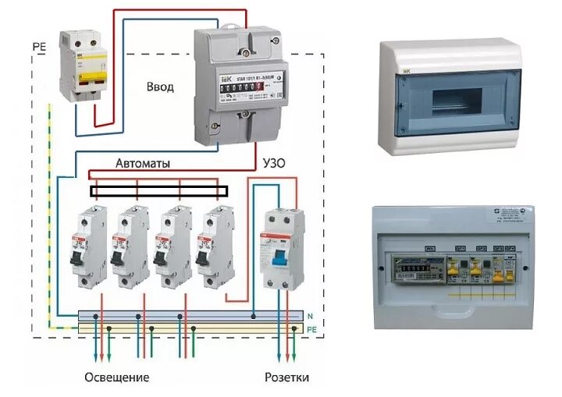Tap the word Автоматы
pos(143,164)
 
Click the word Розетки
pos(286,378)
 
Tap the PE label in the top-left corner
pos(40,47)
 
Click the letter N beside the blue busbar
pos(310,316)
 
